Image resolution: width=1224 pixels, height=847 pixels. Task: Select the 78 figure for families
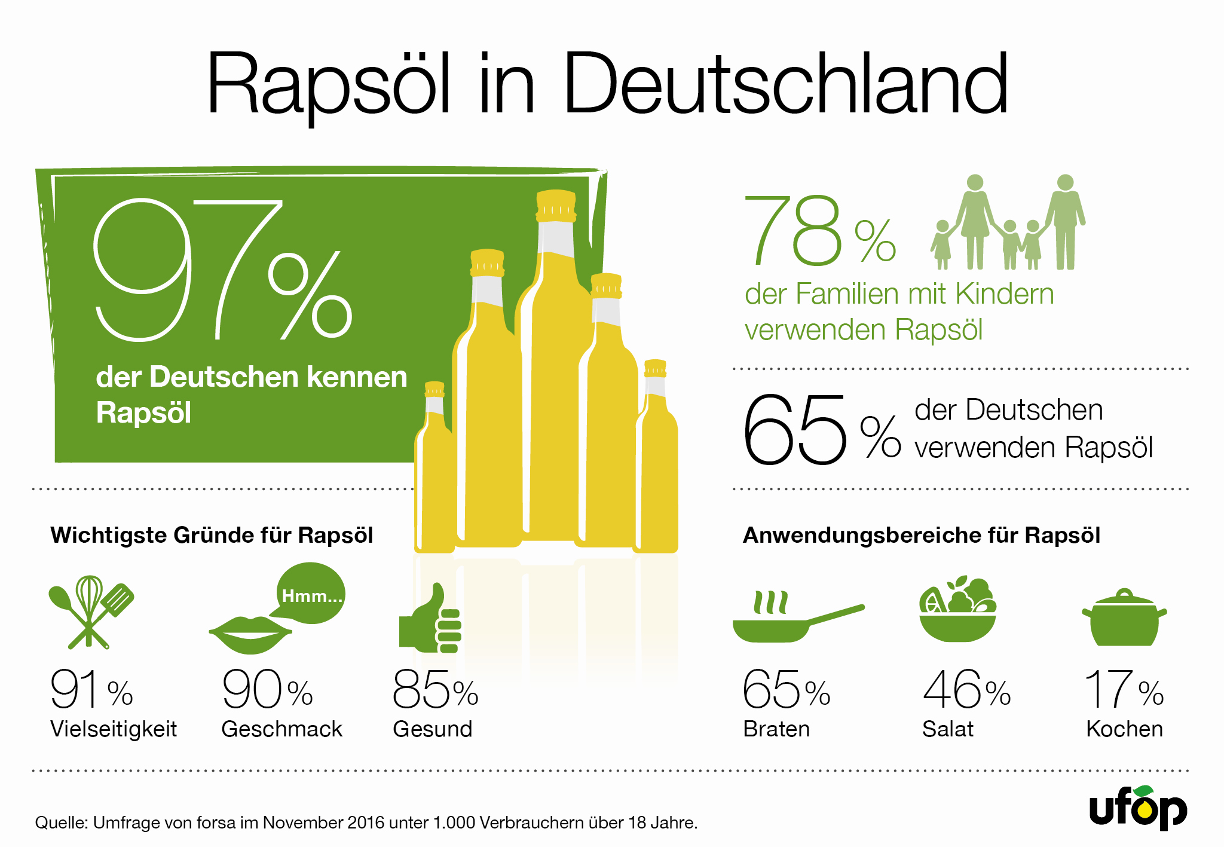[x=794, y=231]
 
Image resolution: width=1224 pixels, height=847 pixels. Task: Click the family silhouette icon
[x=1008, y=223]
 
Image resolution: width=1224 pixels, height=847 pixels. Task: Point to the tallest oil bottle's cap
[x=556, y=206]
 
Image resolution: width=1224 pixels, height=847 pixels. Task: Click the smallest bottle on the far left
[x=434, y=472]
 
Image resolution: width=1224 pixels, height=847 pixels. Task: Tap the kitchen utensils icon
[x=91, y=611]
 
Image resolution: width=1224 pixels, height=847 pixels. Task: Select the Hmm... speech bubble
[x=311, y=594]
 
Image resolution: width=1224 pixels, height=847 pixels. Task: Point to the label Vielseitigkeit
[x=114, y=729]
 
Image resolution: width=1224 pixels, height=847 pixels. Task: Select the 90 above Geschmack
[x=252, y=690]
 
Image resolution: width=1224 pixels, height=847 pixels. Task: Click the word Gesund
[x=433, y=729]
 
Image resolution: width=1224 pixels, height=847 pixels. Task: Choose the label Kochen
[x=1124, y=729]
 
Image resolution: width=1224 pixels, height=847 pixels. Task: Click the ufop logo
[x=1139, y=808]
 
